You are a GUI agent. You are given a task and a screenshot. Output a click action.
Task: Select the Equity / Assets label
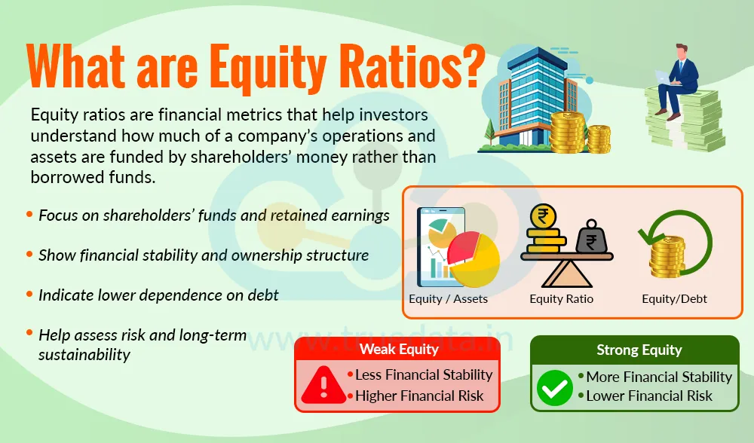pos(448,299)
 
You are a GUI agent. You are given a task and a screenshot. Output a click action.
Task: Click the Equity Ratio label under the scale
pos(561,299)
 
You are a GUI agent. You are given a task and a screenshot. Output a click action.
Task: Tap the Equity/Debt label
pos(674,299)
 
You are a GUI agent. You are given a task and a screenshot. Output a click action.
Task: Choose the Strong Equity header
pos(639,350)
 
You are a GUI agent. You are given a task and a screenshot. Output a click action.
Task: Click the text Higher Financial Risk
pos(419,396)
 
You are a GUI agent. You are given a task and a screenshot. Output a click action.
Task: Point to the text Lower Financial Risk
pos(648,396)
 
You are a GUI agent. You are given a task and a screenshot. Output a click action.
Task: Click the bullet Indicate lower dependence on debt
pos(158,295)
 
